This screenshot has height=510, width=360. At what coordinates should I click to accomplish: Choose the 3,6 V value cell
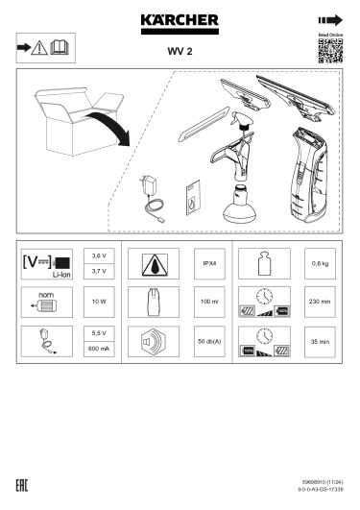[98, 257]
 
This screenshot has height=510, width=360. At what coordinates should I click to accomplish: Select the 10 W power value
[98, 302]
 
